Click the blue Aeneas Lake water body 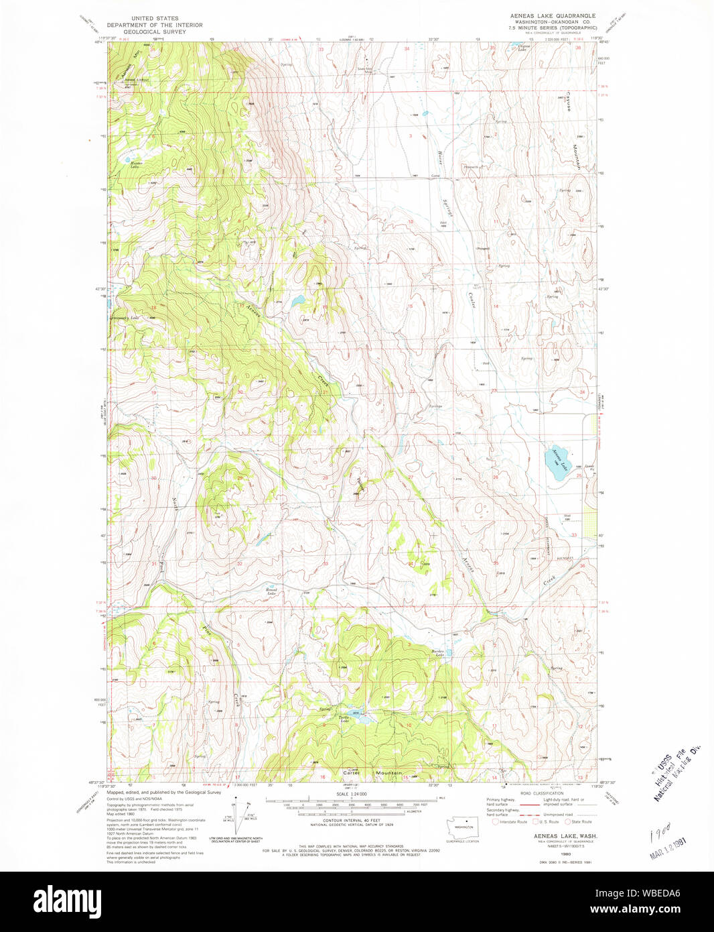pos(556,463)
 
